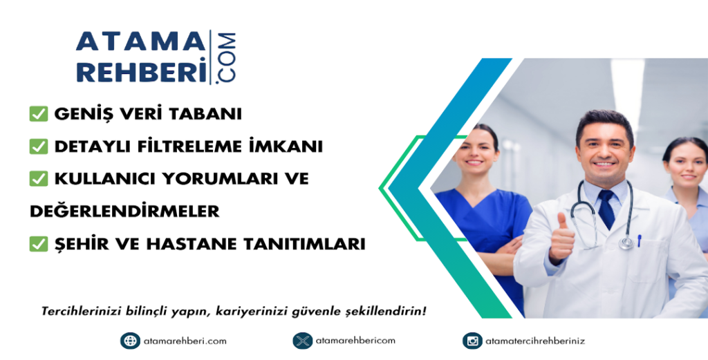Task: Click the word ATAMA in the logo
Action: (140, 42)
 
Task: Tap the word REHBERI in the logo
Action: (141, 71)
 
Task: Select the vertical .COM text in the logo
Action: (226, 57)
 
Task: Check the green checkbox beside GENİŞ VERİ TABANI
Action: (39, 114)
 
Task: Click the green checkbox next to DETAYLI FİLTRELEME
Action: (39, 146)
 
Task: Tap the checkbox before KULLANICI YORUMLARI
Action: (39, 179)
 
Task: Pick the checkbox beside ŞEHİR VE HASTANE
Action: (39, 244)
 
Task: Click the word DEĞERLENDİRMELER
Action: (124, 210)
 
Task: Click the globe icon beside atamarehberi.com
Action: (130, 341)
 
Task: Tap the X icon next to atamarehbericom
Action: (303, 341)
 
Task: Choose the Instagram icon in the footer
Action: (472, 341)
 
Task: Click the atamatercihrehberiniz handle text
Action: (535, 341)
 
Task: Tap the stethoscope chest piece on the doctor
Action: (626, 243)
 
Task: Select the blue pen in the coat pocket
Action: (640, 240)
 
